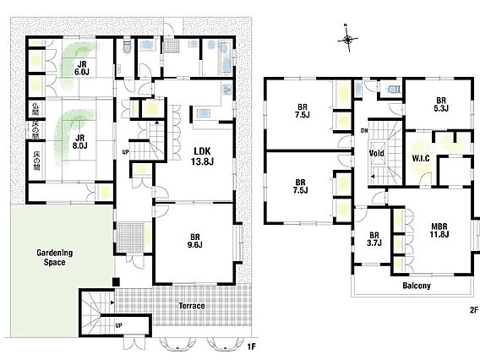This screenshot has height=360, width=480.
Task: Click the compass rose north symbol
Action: tap(348, 39)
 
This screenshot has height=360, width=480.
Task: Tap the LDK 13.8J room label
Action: tap(202, 156)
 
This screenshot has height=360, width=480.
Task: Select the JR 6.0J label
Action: tap(82, 68)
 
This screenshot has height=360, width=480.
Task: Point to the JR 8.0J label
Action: tap(80, 142)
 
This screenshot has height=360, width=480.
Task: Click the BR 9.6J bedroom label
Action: tap(195, 241)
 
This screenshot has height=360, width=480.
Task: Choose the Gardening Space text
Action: tap(54, 257)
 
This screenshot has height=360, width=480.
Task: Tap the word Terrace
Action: tap(192, 306)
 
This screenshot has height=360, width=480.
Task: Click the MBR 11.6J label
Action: tap(439, 230)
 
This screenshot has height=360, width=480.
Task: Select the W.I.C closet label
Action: tap(421, 158)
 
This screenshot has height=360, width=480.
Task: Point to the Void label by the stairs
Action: tap(377, 153)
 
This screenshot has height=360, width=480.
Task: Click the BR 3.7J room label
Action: tap(374, 239)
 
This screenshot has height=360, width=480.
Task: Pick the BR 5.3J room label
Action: tap(441, 104)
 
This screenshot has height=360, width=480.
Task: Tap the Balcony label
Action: tap(417, 286)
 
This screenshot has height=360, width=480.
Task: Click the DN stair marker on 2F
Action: tap(364, 131)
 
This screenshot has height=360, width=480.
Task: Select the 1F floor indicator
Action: tap(251, 346)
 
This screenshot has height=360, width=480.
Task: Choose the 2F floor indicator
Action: tap(474, 310)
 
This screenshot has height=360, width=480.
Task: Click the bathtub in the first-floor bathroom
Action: tap(226, 57)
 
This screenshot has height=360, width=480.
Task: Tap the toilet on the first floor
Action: tap(127, 46)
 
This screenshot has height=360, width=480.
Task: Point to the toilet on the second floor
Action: tap(393, 90)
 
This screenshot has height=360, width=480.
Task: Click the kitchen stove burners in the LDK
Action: tap(226, 90)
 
